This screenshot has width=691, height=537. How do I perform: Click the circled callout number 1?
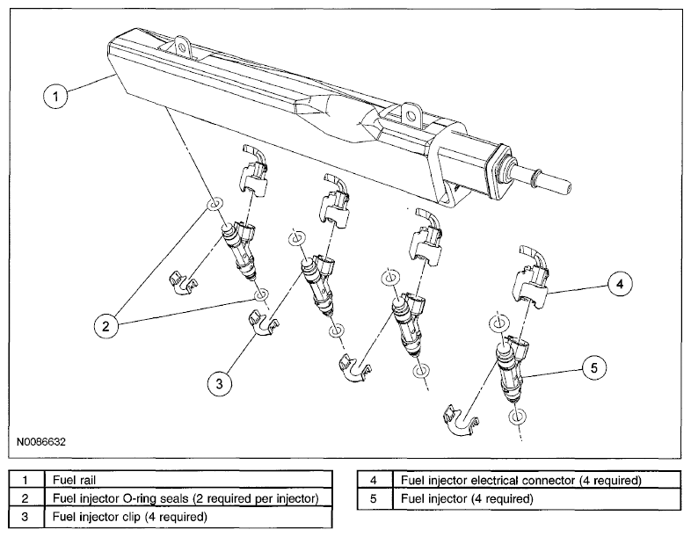click(x=55, y=96)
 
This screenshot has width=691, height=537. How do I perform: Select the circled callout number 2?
click(x=105, y=326)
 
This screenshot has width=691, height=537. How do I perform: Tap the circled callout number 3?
click(x=220, y=383)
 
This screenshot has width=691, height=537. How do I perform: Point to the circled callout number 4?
click(x=620, y=284)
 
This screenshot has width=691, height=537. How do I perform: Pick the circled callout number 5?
click(x=593, y=367)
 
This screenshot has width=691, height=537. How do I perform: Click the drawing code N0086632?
click(x=41, y=441)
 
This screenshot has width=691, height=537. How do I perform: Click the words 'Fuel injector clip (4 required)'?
click(x=129, y=516)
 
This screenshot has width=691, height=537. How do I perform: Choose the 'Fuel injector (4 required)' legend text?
click(x=467, y=498)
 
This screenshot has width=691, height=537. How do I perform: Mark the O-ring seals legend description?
click(x=185, y=498)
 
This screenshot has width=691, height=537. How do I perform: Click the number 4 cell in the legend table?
click(x=375, y=480)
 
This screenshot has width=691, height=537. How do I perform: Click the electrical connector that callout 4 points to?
click(x=531, y=278)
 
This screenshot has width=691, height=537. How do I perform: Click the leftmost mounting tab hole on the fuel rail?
click(x=180, y=46)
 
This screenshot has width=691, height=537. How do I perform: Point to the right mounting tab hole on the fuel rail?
click(x=411, y=116)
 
